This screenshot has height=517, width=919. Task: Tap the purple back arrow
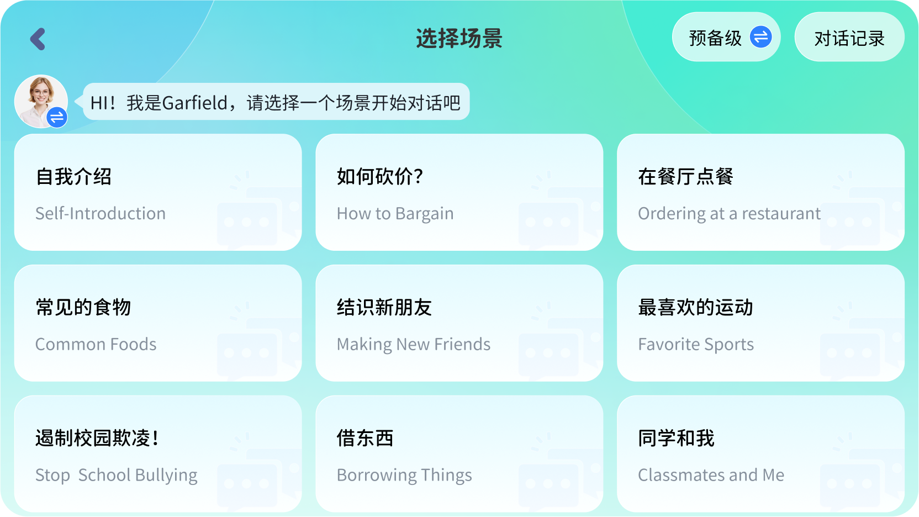tap(38, 39)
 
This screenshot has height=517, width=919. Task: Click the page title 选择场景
tap(459, 39)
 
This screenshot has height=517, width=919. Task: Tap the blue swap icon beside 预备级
tap(760, 37)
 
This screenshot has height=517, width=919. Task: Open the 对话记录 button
tap(849, 38)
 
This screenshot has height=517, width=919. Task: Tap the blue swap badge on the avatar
tap(57, 117)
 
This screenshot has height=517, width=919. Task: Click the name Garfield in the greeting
tap(195, 103)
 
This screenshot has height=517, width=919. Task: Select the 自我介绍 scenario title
tap(73, 177)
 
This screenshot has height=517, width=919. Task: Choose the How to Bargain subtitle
tap(395, 214)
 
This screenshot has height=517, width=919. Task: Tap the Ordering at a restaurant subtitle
tap(729, 214)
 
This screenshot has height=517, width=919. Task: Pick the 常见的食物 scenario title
tap(83, 307)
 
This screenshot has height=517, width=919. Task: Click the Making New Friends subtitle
tap(413, 345)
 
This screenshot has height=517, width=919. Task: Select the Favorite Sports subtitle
tap(695, 345)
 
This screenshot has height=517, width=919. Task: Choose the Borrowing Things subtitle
tap(404, 475)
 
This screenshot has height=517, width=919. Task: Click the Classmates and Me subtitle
tap(711, 475)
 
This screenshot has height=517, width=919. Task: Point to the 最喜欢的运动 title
tap(695, 307)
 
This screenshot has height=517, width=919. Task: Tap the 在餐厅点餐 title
tap(685, 177)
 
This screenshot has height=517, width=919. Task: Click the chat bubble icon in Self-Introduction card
tap(247, 222)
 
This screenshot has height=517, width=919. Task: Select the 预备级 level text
tap(715, 38)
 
